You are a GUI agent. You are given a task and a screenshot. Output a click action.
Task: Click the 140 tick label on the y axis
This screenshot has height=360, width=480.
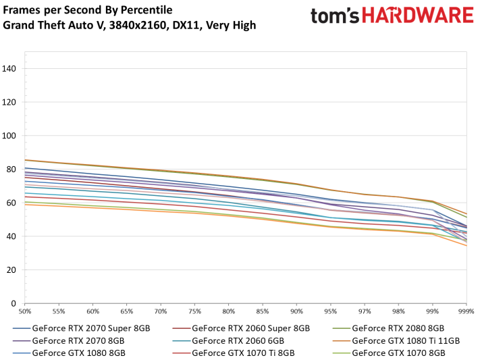(x=9, y=69)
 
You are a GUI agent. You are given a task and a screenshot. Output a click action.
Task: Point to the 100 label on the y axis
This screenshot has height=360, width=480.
(x=9, y=136)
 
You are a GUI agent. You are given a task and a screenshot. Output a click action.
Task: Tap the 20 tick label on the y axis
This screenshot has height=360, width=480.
(x=11, y=270)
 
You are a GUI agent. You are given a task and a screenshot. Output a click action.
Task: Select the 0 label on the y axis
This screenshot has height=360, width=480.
(x=14, y=304)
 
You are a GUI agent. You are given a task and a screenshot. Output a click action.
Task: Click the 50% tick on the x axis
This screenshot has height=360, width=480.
(x=25, y=311)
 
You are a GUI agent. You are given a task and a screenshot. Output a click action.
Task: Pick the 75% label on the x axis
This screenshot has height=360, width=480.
(x=194, y=311)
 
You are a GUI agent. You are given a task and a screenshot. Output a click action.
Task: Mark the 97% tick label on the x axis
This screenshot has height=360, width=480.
(x=365, y=311)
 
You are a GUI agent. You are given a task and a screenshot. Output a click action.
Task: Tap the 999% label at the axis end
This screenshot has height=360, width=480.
(x=466, y=311)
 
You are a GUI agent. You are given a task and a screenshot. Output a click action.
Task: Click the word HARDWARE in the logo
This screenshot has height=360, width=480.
(x=418, y=16)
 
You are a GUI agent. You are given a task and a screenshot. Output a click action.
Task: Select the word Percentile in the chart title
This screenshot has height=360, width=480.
(x=146, y=10)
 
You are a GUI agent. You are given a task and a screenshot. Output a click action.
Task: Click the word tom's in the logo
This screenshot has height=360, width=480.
(x=335, y=16)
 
